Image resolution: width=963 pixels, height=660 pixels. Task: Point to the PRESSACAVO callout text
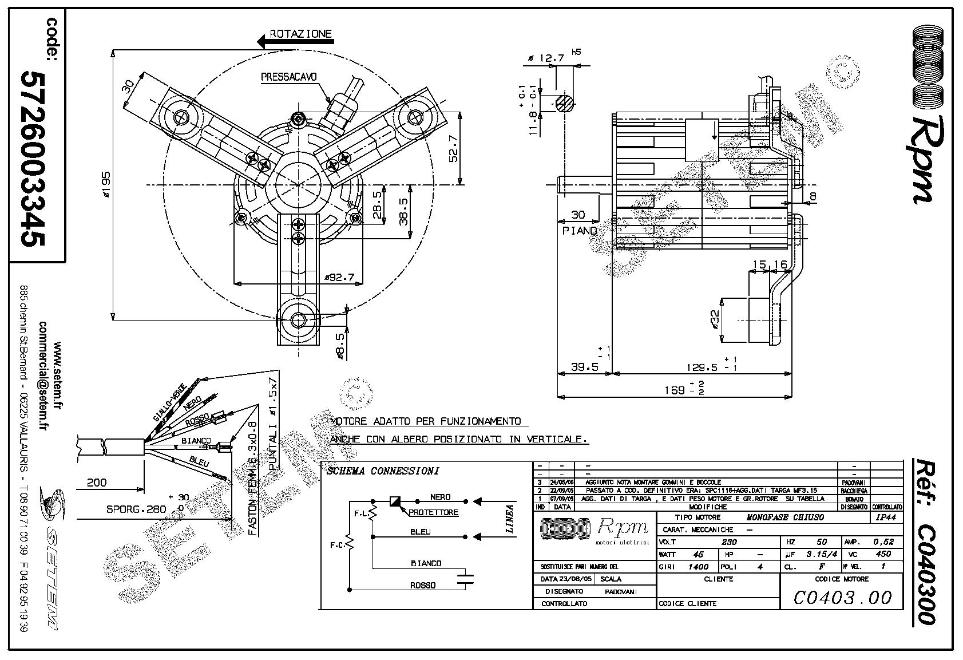click(x=288, y=76)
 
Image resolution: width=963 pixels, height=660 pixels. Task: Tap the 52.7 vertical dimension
click(x=453, y=148)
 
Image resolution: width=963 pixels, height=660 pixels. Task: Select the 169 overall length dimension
click(x=676, y=390)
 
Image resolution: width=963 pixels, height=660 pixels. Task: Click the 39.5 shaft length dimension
click(x=584, y=367)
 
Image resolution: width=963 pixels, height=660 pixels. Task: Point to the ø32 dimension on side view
click(x=715, y=320)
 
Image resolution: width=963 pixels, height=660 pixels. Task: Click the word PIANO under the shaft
click(x=579, y=230)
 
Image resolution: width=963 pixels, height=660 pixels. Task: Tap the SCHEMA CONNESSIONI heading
click(x=382, y=471)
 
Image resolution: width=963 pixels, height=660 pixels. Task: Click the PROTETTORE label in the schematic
click(x=433, y=512)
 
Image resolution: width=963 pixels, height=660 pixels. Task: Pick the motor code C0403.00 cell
click(x=842, y=598)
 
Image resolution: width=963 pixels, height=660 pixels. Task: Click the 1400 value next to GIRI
click(x=698, y=567)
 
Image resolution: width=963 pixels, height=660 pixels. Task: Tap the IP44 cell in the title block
click(x=886, y=517)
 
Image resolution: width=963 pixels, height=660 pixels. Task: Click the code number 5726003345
click(x=32, y=159)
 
